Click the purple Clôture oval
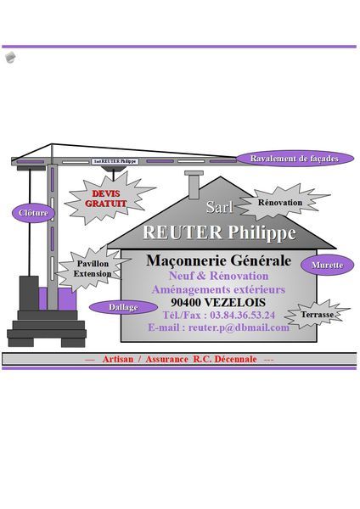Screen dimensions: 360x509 33,213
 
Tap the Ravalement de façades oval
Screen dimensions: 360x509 295,159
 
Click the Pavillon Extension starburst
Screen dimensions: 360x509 93,268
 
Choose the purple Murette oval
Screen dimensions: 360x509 327,265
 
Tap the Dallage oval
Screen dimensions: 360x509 123,307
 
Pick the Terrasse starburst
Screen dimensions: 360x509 317,314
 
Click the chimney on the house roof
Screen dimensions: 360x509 194,184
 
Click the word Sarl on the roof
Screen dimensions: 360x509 220,207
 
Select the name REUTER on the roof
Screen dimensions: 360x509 183,232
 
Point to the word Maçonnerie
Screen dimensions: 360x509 186,260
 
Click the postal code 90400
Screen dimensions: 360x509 186,302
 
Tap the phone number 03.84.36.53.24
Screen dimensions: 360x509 242,315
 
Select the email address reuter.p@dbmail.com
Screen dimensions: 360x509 239,327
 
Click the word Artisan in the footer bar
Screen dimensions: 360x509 118,359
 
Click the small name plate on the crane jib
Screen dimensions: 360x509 115,161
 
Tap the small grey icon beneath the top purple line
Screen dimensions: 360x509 10,57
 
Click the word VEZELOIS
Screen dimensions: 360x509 235,302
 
